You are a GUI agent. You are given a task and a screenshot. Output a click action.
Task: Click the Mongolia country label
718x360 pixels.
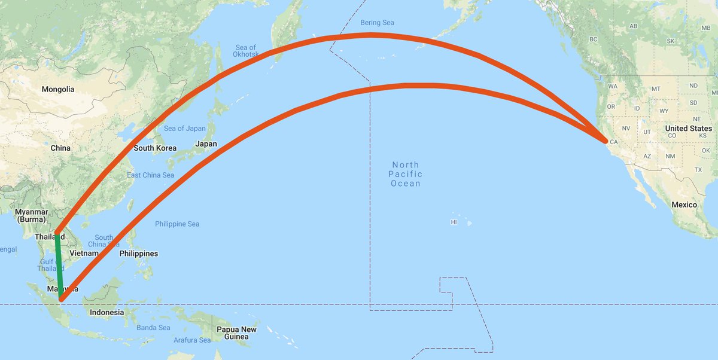[58, 89]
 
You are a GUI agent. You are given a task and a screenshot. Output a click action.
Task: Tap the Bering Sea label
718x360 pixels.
[377, 23]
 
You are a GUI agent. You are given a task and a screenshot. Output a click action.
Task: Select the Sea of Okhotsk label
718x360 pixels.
[246, 51]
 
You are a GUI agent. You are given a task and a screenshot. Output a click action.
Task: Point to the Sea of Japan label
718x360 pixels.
[185, 129]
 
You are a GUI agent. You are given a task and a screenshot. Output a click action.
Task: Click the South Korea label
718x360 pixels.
[155, 148]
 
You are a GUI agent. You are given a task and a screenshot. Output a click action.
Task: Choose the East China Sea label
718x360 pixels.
[150, 175]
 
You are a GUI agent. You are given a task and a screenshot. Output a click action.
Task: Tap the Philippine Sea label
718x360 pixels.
[177, 224]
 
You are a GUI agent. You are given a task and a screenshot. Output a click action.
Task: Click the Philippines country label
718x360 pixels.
[138, 254]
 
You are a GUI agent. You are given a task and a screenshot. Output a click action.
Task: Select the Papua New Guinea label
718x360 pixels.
[236, 333]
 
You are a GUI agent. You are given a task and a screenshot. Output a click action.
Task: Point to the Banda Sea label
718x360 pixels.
[154, 328]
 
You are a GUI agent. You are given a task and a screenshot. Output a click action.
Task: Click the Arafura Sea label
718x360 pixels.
[192, 340]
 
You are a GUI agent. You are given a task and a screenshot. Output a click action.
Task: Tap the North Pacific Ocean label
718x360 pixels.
[405, 174]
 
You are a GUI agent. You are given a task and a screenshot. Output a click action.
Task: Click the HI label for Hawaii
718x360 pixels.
[454, 222]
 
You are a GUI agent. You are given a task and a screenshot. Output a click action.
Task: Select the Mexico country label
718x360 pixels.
[684, 205]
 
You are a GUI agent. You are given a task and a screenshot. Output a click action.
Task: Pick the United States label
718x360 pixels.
[689, 129]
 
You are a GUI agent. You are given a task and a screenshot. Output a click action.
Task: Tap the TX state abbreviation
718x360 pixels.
[698, 170]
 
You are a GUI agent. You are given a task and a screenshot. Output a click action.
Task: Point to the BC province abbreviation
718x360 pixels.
[594, 39]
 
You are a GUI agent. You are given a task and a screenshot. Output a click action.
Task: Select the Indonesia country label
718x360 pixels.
[107, 312]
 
